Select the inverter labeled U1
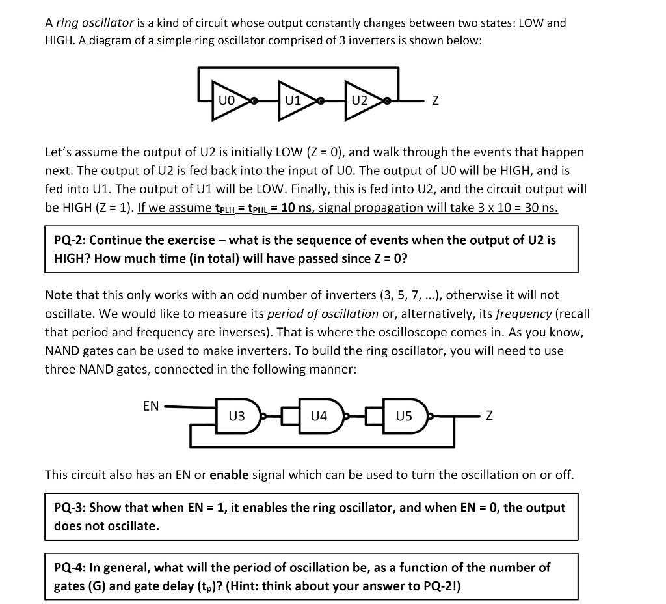click(x=295, y=101)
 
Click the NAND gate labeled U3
click(x=238, y=416)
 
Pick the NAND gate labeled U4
click(x=320, y=416)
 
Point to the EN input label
click(x=150, y=406)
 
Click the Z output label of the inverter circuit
click(x=435, y=102)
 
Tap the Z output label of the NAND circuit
click(x=489, y=416)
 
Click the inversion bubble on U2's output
click(x=387, y=102)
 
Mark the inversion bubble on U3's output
click(x=262, y=416)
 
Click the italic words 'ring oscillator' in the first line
click(x=95, y=23)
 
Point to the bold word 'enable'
click(x=229, y=474)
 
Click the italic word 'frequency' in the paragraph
click(x=524, y=314)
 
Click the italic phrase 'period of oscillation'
click(x=323, y=314)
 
